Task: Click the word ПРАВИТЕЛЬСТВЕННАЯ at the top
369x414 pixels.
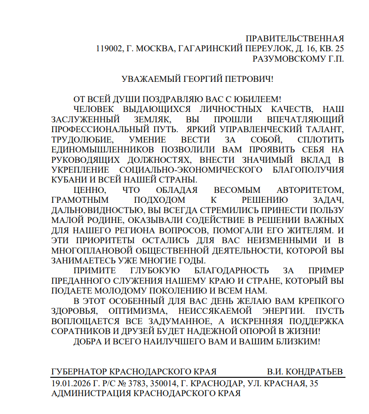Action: pos(295,38)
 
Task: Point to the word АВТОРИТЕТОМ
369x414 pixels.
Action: pos(310,190)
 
